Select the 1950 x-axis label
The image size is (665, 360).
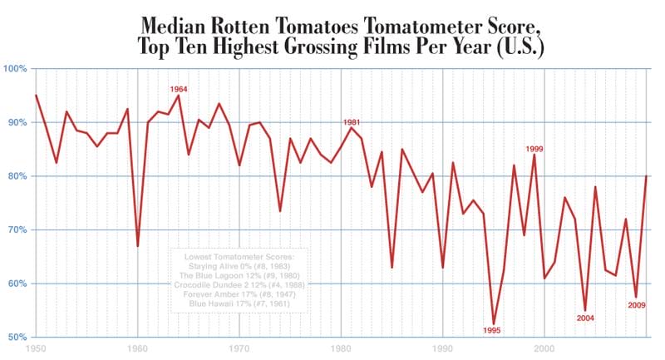35,349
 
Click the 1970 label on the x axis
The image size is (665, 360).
239,349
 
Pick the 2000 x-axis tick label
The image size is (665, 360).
544,349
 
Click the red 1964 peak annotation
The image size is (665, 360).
179,88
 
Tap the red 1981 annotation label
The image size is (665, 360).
352,122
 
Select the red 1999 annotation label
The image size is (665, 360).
534,149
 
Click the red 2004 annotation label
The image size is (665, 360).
585,318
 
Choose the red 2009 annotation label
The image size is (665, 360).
636,304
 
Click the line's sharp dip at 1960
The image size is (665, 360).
138,245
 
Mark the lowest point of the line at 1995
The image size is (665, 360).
494,323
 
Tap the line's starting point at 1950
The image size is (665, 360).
36,96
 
